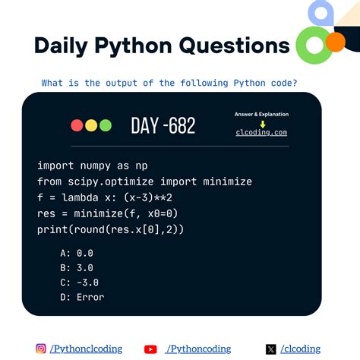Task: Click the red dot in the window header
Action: pyautogui.click(x=77, y=126)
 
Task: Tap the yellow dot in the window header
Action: pyautogui.click(x=91, y=126)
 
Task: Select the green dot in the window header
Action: pyautogui.click(x=105, y=126)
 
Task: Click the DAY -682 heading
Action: pyautogui.click(x=163, y=125)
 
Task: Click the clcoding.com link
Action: pyautogui.click(x=261, y=132)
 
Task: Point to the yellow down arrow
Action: pyautogui.click(x=262, y=124)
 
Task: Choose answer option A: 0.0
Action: pyautogui.click(x=75, y=252)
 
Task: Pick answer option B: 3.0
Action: pyautogui.click(x=75, y=267)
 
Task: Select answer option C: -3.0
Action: pyautogui.click(x=78, y=283)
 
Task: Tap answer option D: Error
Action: pyautogui.click(x=81, y=298)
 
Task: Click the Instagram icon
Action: pyautogui.click(x=41, y=349)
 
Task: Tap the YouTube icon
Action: pyautogui.click(x=150, y=349)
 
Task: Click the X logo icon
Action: pyautogui.click(x=271, y=349)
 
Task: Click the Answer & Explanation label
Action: pyautogui.click(x=262, y=115)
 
